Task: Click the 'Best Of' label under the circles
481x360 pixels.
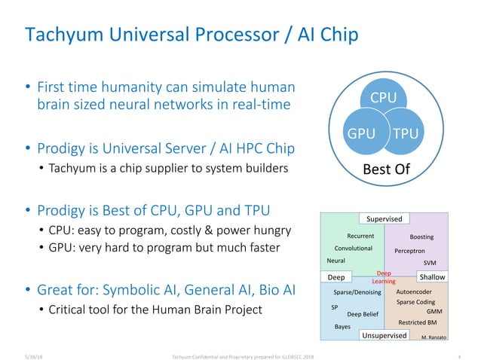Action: coord(387,169)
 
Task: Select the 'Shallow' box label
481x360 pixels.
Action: coord(433,277)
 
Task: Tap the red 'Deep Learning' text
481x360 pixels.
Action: coord(384,277)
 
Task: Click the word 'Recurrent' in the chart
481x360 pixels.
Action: coord(361,236)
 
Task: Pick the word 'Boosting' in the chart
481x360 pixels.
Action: coord(421,236)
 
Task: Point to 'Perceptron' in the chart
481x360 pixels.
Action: coord(410,250)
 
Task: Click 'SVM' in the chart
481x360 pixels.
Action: coord(430,264)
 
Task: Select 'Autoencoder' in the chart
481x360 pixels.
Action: coord(413,291)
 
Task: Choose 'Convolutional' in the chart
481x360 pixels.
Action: coord(353,248)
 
